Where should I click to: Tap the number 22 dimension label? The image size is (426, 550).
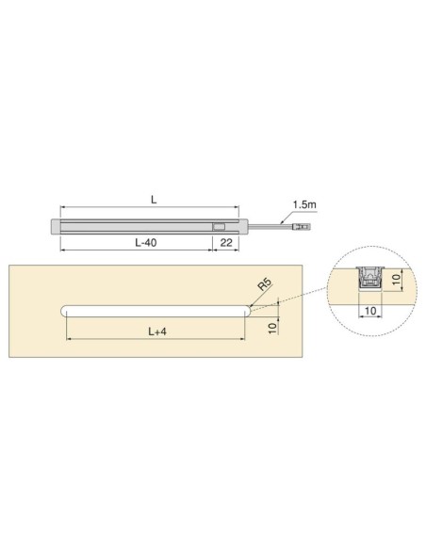tap(226, 242)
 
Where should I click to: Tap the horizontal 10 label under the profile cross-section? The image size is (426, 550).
tap(369, 308)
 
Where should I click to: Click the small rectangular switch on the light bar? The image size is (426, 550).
tap(219, 226)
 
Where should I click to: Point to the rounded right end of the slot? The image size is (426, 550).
tap(245, 311)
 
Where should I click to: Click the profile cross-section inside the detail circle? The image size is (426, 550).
tap(369, 280)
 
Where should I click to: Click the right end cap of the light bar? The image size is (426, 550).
tap(243, 226)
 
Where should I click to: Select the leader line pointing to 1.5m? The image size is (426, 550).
tap(287, 215)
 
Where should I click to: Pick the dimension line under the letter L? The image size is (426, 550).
tap(151, 209)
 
